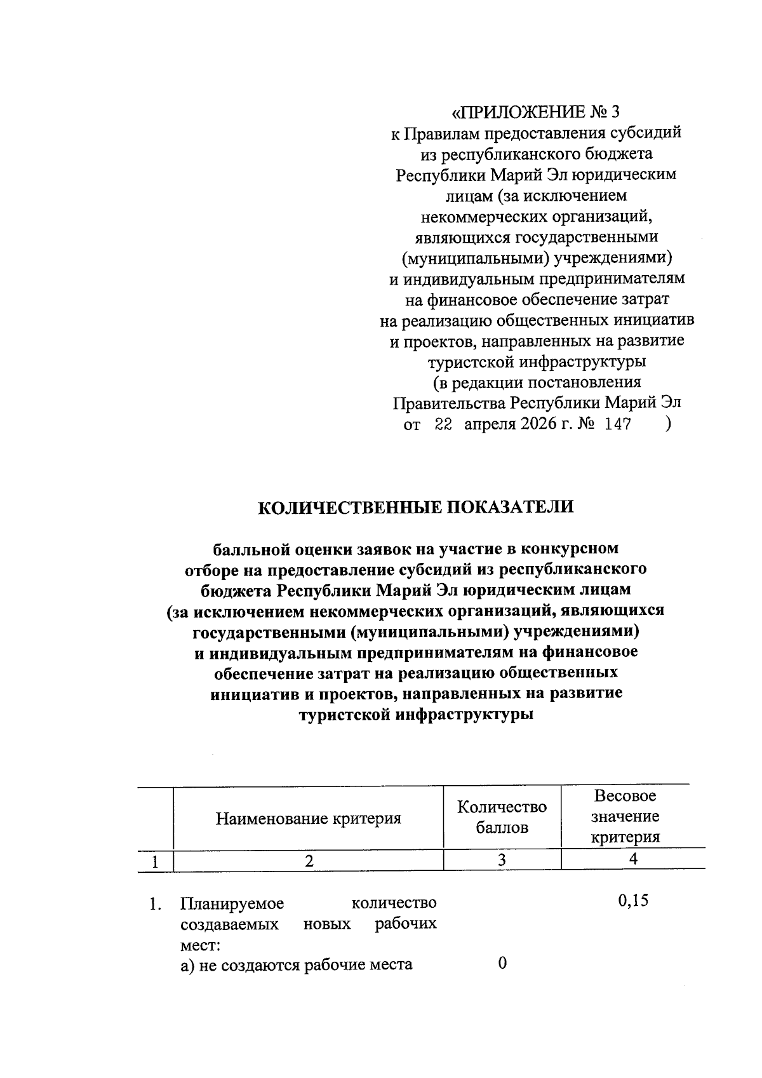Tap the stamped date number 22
click(443, 425)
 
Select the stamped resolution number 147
click(617, 425)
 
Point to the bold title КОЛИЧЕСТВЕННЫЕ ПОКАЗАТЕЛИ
click(415, 507)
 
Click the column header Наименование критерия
click(308, 818)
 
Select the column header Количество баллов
click(502, 818)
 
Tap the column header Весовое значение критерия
click(625, 816)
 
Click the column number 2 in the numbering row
click(309, 861)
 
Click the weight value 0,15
click(632, 901)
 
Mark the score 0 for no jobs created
click(502, 964)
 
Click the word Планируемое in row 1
click(232, 903)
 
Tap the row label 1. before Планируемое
click(154, 903)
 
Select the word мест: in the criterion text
click(200, 945)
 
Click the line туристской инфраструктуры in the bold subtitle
click(415, 714)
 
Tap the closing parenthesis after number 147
click(667, 424)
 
